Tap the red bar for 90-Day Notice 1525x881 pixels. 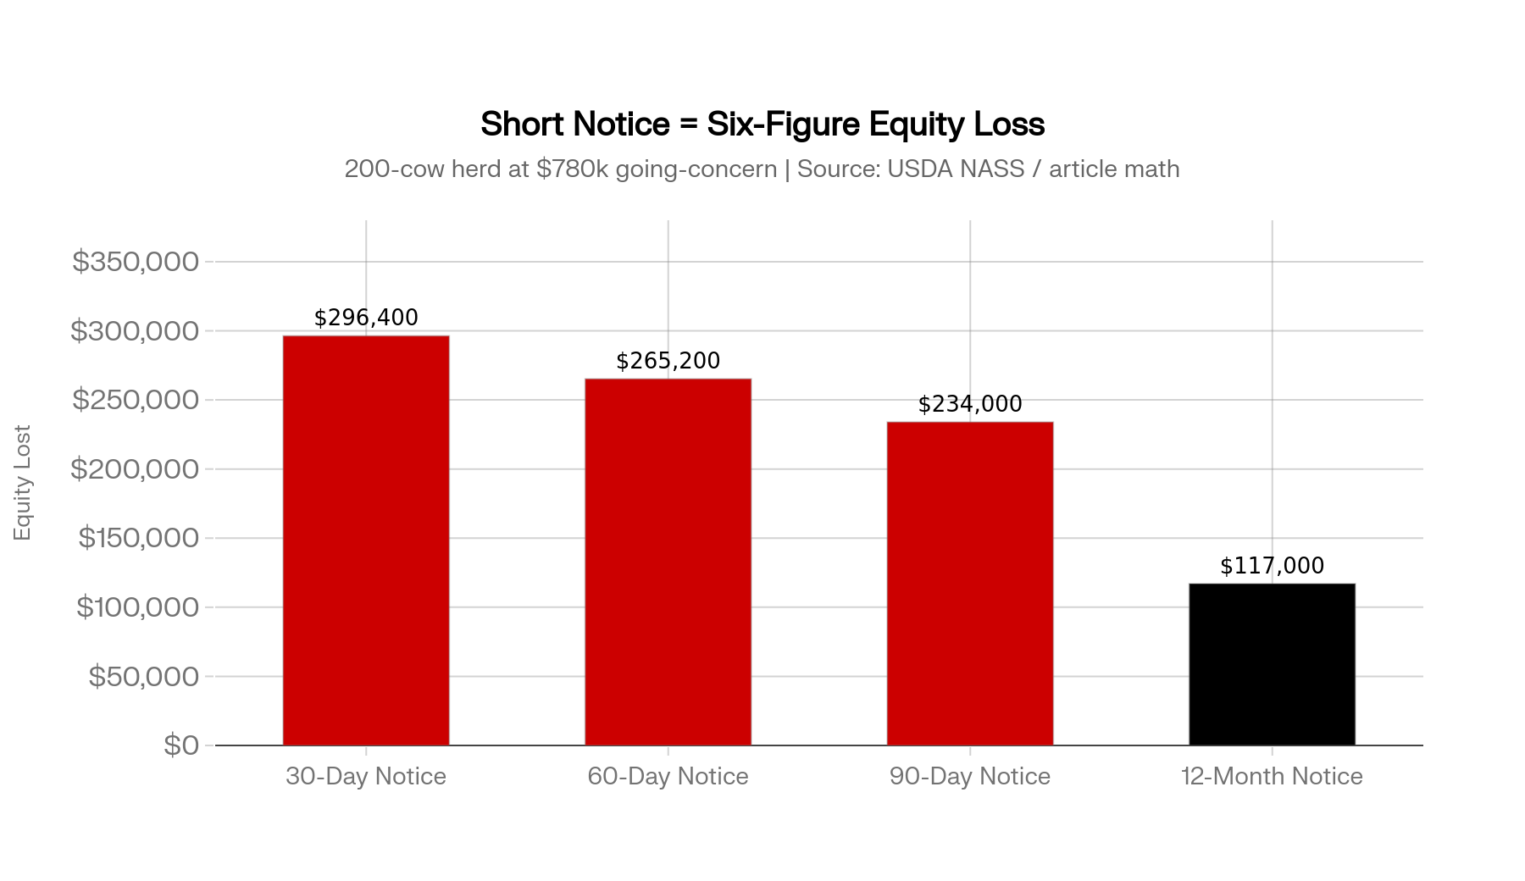pos(970,584)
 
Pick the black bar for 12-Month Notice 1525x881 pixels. pos(1272,664)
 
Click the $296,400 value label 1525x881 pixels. pos(366,318)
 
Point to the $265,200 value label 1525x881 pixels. pos(668,361)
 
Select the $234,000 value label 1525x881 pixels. pos(970,404)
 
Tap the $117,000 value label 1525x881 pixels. pos(1272,566)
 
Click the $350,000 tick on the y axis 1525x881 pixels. pos(136,262)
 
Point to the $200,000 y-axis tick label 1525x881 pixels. pos(135,468)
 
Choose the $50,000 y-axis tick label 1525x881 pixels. pos(143,676)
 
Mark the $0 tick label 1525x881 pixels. pos(181,745)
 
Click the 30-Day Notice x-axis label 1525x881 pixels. pos(366,776)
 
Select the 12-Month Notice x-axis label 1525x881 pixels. pos(1272,776)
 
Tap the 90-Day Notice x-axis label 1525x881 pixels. pos(970,776)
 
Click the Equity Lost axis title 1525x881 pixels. pos(23,483)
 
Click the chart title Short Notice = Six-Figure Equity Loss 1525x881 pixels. pos(762,124)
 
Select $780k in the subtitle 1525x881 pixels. pos(572,169)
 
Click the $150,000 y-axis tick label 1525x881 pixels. pos(139,538)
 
